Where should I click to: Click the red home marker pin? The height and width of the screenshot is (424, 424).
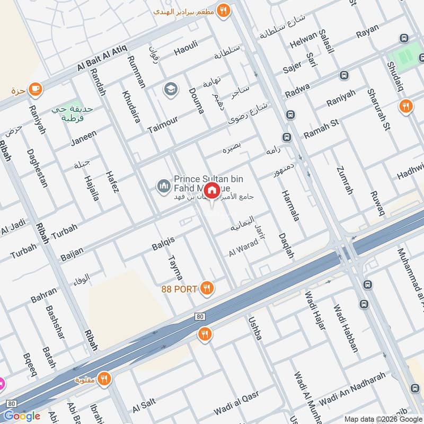point(211,190)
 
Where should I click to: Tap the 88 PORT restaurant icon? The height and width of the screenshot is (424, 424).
point(207,289)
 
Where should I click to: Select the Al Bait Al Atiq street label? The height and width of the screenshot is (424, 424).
point(102,59)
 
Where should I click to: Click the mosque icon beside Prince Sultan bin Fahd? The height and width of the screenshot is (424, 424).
point(163,187)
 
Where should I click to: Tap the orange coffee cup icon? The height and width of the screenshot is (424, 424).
point(36,88)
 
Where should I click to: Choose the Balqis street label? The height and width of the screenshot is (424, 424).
point(163,244)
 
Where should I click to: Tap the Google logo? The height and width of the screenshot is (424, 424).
point(22,416)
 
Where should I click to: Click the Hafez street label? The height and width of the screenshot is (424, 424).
point(113,181)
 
